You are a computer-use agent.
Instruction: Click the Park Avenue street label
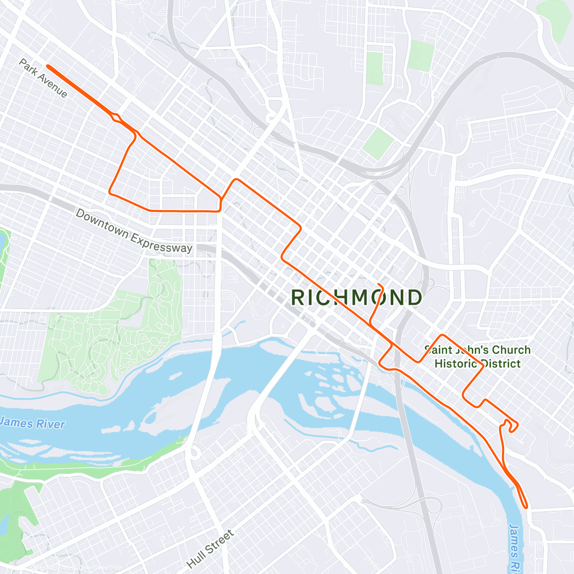(43, 78)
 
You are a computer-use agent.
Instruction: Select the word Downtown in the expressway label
(102, 223)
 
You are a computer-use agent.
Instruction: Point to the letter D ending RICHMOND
(414, 298)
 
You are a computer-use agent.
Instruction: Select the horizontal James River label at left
(33, 423)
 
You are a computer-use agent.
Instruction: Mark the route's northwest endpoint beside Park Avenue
(48, 66)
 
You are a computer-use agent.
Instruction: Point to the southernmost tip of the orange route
(526, 507)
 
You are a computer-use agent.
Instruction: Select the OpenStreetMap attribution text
(98, 568)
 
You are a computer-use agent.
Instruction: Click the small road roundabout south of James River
(195, 452)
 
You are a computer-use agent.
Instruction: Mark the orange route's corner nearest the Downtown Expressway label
(111, 193)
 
